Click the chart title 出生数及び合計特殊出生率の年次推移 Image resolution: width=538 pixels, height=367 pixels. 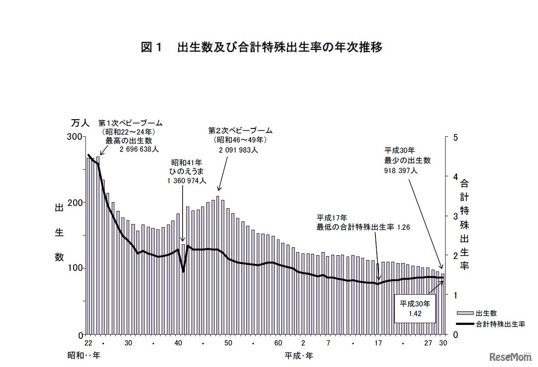(262, 47)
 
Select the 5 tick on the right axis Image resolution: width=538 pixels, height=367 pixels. (456, 137)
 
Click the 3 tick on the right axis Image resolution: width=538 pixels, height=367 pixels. (456, 216)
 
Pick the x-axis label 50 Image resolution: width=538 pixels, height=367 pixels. (228, 343)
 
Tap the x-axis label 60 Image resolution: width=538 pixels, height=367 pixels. (278, 343)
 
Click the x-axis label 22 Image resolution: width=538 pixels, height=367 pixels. (88, 343)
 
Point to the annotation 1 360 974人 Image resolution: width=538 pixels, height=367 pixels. (187, 180)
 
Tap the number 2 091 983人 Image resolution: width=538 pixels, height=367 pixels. (239, 149)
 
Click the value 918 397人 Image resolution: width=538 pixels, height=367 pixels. (401, 170)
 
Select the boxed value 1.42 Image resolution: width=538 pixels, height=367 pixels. (414, 314)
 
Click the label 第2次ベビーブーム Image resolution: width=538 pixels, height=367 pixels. (240, 131)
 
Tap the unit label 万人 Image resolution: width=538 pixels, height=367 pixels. (80, 123)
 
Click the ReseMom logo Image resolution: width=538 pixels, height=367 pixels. (512, 356)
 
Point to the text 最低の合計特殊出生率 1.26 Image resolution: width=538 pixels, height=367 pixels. (363, 227)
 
